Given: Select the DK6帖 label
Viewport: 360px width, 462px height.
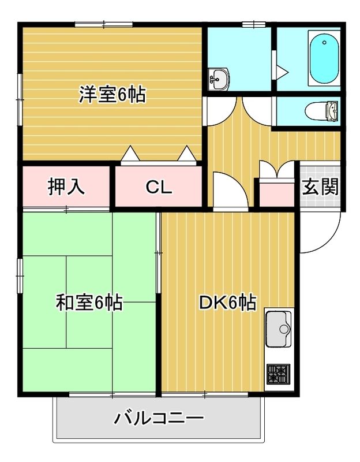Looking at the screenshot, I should tap(227, 302).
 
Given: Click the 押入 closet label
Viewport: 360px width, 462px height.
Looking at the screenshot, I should tap(66, 187).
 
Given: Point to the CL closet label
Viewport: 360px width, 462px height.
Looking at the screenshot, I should tap(158, 187).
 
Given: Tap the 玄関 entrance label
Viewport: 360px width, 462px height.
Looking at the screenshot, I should tap(320, 187).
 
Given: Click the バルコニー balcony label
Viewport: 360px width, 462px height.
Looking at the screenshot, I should tap(158, 418).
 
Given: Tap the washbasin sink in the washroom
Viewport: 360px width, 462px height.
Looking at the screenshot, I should tap(219, 78).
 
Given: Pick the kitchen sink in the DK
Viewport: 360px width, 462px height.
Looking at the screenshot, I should tap(280, 330).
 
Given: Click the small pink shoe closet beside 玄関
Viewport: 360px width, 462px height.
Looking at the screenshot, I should tap(274, 193).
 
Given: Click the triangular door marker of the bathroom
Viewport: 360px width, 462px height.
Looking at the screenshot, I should tap(282, 71).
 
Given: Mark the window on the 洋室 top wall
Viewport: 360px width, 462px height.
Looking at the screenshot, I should tap(104, 24).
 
